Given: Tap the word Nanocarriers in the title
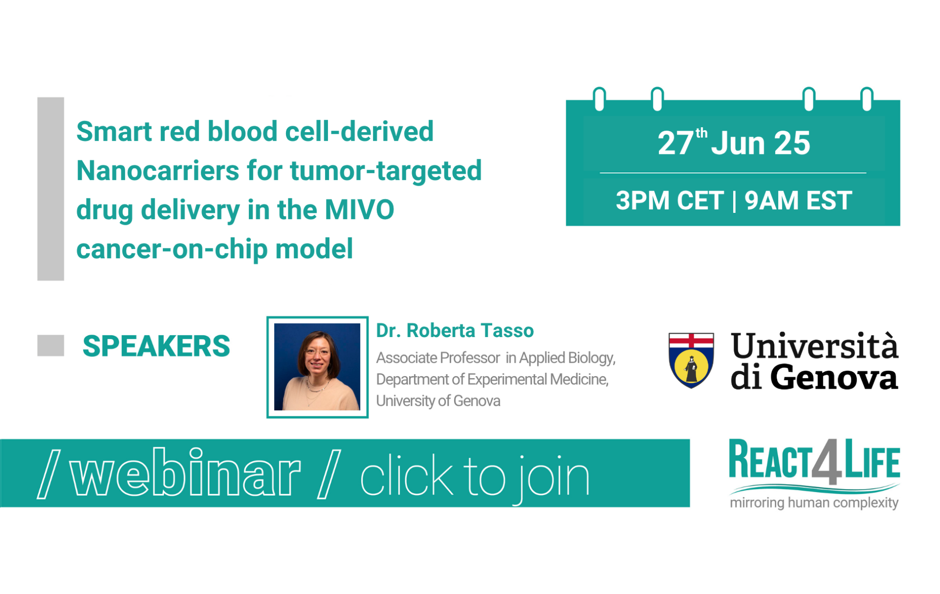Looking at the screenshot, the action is tap(158, 170).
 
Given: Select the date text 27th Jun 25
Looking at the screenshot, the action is tap(734, 143).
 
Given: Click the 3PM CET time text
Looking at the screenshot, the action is tap(669, 200).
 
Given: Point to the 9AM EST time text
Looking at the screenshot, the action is tap(798, 200).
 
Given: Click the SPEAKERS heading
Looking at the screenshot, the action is tap(156, 346).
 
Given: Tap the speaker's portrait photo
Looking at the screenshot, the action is tap(317, 367).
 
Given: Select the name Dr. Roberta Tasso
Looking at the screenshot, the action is tap(455, 330).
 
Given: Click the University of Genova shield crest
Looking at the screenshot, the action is tap(691, 360).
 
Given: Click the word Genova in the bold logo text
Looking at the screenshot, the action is tap(834, 377).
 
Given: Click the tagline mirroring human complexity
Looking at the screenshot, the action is tap(814, 503).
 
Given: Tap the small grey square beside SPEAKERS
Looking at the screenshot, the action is tap(50, 345).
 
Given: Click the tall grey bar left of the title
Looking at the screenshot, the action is tap(50, 189).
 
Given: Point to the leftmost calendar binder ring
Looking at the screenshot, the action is tap(600, 99).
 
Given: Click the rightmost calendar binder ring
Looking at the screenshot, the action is tap(867, 99).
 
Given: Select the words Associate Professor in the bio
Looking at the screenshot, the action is tap(438, 357).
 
